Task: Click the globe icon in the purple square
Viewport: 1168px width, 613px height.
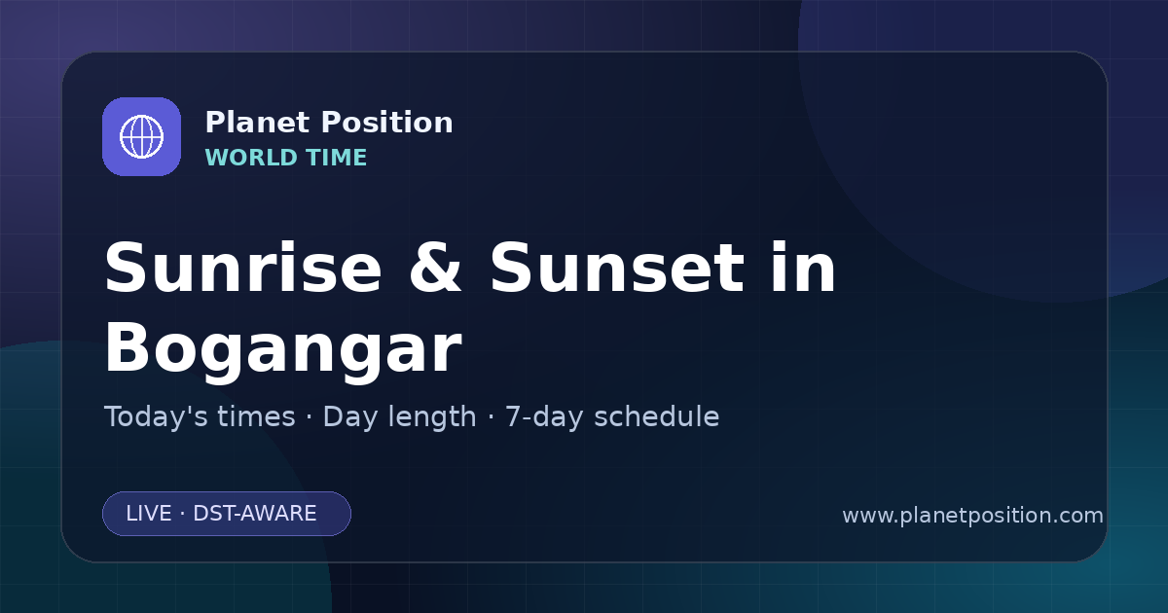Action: pos(141,136)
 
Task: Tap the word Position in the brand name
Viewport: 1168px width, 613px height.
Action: pos(387,123)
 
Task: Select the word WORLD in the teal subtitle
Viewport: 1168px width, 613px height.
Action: pos(251,158)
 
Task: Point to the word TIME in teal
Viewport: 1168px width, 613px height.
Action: pos(337,158)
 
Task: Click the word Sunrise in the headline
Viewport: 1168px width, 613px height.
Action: pos(243,268)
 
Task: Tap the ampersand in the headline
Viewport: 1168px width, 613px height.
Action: pos(435,268)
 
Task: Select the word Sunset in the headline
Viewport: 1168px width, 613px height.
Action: pos(617,268)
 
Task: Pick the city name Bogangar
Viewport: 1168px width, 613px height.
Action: pos(283,348)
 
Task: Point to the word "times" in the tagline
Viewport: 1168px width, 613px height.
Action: pos(256,417)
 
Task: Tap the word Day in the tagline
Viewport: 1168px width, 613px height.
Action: pos(348,418)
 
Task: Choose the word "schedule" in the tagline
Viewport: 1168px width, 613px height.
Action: pos(657,417)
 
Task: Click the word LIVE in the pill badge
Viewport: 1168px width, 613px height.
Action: pos(149,514)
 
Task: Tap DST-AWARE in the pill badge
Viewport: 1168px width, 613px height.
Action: pos(255,514)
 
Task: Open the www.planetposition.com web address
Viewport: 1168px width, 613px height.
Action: pos(973,516)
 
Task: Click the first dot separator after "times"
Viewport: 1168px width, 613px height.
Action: pos(310,417)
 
